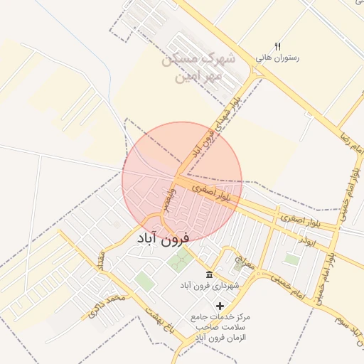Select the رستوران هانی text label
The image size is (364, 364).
click(278, 58)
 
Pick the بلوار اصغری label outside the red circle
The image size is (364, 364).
click(300, 220)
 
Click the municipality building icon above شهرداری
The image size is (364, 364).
click(209, 275)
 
